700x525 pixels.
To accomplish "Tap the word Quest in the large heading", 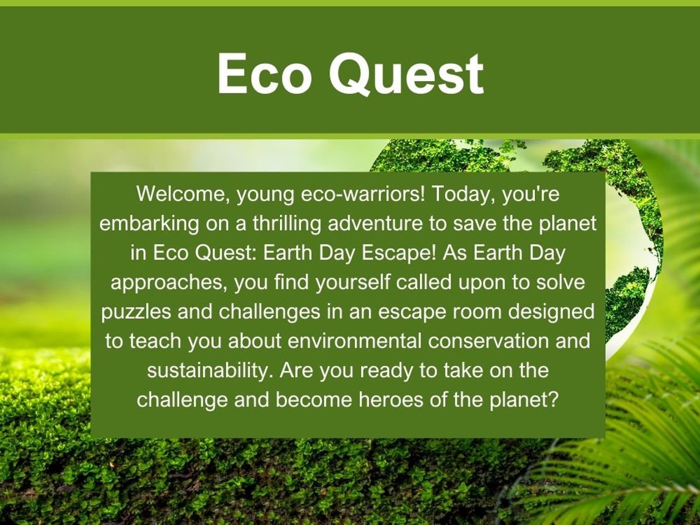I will click(x=406, y=74).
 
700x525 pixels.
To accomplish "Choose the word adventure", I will click(x=375, y=224).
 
